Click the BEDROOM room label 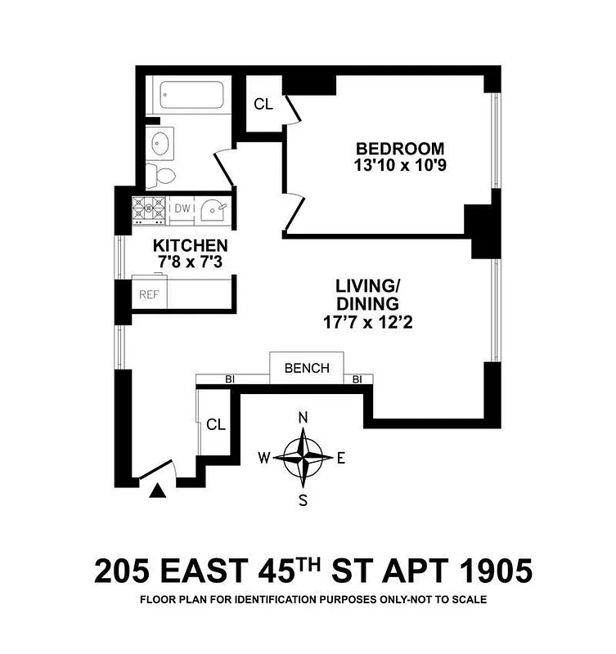(x=400, y=149)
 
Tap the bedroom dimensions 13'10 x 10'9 (x=400, y=166)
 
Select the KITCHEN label (x=191, y=245)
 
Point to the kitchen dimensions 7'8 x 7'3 (x=191, y=262)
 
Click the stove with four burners (x=150, y=210)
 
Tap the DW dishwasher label (x=182, y=208)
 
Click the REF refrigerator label (x=148, y=294)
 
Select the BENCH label (x=307, y=368)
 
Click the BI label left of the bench (x=230, y=379)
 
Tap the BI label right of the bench (x=357, y=379)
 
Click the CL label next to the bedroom (x=263, y=104)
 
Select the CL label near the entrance (x=216, y=425)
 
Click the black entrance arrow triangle (x=158, y=490)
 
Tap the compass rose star (x=303, y=457)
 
